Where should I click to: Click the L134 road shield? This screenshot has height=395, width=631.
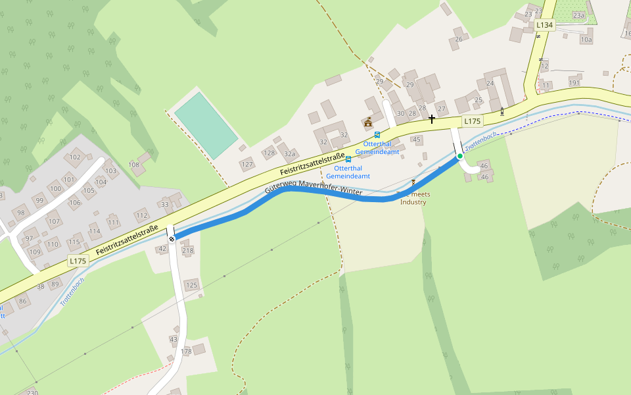545,25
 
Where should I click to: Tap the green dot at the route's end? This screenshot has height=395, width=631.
460,156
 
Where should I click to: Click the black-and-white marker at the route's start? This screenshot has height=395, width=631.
172,239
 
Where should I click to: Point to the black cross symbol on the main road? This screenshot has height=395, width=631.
432,119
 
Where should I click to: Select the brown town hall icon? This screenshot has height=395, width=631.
368,122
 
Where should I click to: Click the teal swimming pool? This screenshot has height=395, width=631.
206,125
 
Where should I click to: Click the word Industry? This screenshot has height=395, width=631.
413,202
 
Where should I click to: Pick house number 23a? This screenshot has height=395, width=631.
578,15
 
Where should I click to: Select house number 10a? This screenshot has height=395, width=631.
586,39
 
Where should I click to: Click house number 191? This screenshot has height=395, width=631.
574,83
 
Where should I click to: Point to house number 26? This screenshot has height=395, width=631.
459,39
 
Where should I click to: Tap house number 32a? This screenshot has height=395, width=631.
289,154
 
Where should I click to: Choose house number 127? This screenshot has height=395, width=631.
247,165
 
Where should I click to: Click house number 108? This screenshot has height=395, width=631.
134,165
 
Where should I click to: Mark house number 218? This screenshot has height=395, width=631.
188,251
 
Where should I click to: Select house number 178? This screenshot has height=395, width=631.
187,352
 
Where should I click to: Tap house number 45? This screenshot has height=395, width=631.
416,140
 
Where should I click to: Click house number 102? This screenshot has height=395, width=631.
76,157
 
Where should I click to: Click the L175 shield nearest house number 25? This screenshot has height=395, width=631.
473,121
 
